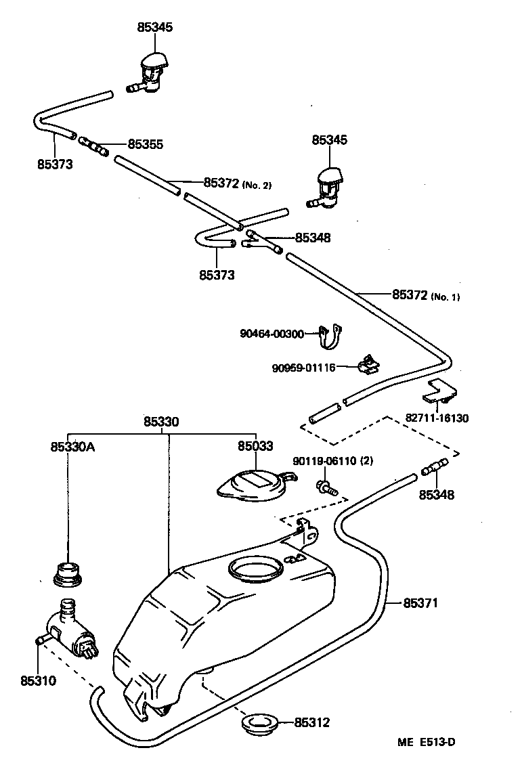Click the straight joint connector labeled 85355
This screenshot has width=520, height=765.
[93, 145]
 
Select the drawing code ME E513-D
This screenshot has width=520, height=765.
[426, 741]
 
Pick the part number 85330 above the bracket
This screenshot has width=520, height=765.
[161, 421]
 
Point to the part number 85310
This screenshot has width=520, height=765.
[38, 680]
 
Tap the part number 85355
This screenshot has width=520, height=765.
[146, 144]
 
